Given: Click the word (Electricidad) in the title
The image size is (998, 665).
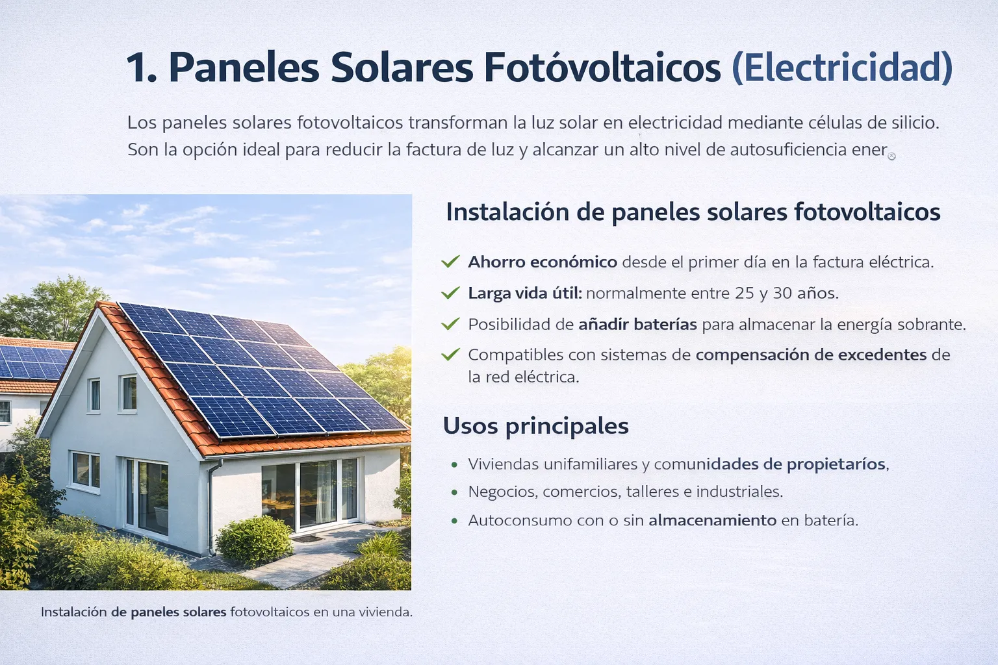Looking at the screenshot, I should (x=842, y=67).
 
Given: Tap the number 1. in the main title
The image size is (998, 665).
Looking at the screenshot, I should (x=141, y=67).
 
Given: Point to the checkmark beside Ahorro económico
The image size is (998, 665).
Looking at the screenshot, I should (x=450, y=262).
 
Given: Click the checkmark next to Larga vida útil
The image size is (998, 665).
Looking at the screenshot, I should (x=450, y=293).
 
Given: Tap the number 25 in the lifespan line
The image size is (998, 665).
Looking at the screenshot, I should (x=745, y=293).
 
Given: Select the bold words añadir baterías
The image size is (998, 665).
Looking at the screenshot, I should (x=637, y=324).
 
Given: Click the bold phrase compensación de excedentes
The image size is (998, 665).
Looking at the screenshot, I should (x=811, y=355).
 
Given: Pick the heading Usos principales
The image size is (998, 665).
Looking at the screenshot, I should (x=535, y=426).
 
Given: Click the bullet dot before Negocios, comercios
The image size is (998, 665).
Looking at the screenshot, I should (x=454, y=492).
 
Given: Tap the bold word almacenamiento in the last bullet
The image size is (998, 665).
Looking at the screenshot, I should (x=712, y=520).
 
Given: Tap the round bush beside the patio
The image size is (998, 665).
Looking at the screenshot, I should (x=253, y=540).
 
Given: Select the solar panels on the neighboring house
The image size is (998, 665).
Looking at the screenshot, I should (x=32, y=362).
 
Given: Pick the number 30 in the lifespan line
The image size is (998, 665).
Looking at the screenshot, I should (x=782, y=293).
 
